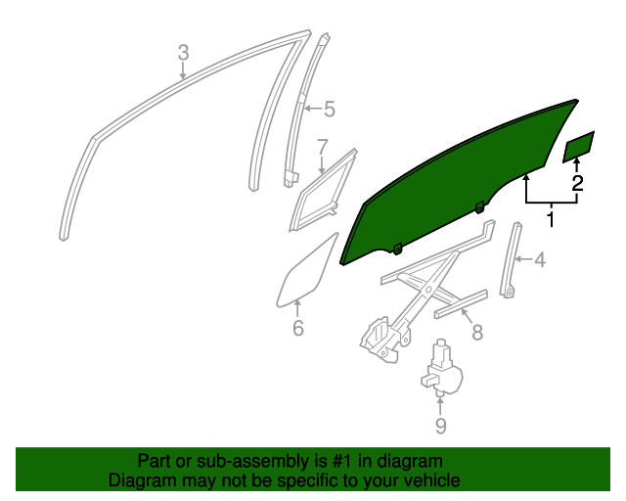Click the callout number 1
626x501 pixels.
(550, 220)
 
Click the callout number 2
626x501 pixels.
(577, 182)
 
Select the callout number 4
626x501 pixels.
(539, 259)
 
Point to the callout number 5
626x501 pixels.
(329, 110)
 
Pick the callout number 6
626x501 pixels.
(298, 328)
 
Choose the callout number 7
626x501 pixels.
(322, 148)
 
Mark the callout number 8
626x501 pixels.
(476, 334)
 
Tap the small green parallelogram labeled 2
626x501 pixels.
(579, 147)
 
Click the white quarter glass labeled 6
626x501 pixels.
(306, 269)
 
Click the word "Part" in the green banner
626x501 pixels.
(156, 461)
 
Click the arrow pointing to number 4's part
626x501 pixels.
(525, 259)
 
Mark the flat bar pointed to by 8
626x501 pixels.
(462, 304)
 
